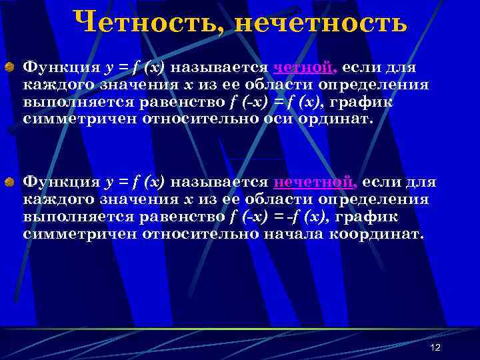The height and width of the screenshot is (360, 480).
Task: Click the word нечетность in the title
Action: click(x=321, y=23)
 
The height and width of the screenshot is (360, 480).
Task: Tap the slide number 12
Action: click(x=436, y=348)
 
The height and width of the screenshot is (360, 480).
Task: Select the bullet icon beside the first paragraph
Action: click(x=11, y=67)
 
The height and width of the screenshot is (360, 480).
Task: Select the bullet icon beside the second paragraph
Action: click(x=11, y=181)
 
